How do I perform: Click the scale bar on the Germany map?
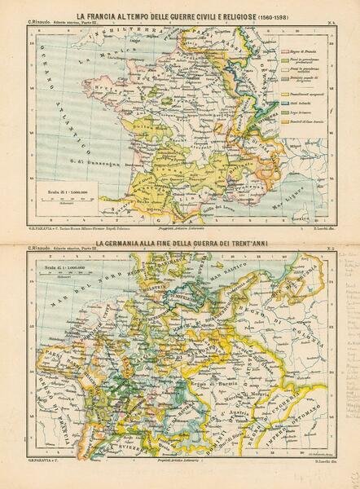(69, 272)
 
